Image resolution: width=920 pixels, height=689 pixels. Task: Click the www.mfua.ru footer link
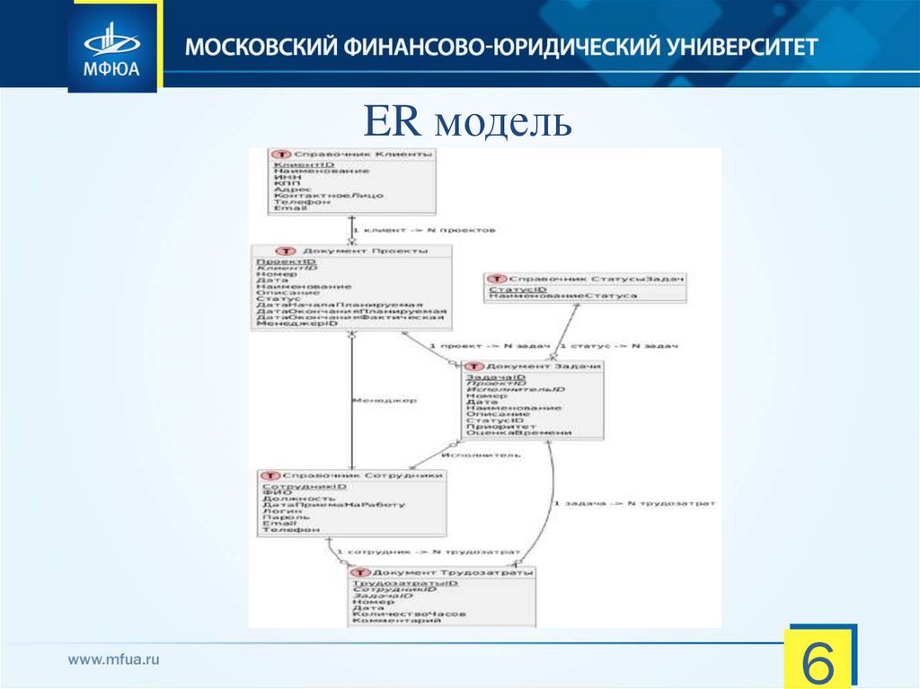pos(114,659)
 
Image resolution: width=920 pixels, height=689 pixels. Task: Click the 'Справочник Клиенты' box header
pos(358,155)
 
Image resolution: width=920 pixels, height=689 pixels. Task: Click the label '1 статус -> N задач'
pos(618,346)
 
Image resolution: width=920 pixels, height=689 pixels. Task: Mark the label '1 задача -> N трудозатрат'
pos(635,504)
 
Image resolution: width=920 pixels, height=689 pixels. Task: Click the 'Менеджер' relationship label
pos(384,400)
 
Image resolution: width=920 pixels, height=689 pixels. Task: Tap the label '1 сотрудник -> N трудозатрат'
pos(428,551)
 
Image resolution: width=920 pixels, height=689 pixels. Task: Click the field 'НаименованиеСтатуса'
pos(563,296)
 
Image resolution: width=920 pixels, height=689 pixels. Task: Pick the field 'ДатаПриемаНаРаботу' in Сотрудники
pos(333,504)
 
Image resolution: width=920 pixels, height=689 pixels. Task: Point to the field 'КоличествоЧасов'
pos(409,613)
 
